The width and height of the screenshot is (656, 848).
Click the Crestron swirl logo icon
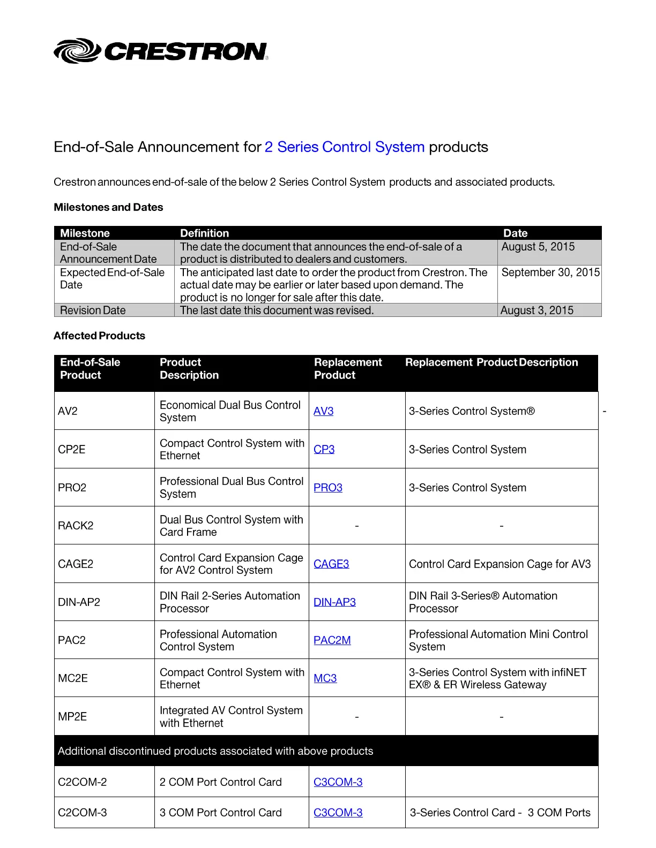pos(77,51)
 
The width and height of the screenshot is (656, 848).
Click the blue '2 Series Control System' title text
pos(344,147)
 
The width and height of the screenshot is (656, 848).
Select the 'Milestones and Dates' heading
pos(108,207)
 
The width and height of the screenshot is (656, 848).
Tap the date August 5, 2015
pos(538,247)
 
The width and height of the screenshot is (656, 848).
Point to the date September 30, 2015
pos(550,272)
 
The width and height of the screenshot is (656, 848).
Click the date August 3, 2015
pos(536,311)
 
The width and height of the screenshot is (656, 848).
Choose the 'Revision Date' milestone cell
pos(93,311)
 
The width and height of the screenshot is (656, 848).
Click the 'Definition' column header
pos(204,233)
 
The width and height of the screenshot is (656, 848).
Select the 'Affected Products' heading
pos(99,336)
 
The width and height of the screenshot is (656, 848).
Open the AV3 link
pos(323,411)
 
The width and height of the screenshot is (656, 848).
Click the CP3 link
pos(324,450)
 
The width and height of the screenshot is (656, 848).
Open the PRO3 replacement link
pos(327,488)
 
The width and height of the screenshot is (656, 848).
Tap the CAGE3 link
pos(331,564)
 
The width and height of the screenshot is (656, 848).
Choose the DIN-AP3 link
pos(334,602)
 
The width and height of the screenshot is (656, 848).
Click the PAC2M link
pos(332,640)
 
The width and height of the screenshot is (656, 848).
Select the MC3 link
pos(325,678)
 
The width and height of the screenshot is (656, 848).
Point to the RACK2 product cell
pos(76,526)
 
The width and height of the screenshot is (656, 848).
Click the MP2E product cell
pos(72,717)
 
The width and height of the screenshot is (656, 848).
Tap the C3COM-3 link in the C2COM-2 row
pos(338,782)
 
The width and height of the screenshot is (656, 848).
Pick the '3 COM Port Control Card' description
pos(220,813)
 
